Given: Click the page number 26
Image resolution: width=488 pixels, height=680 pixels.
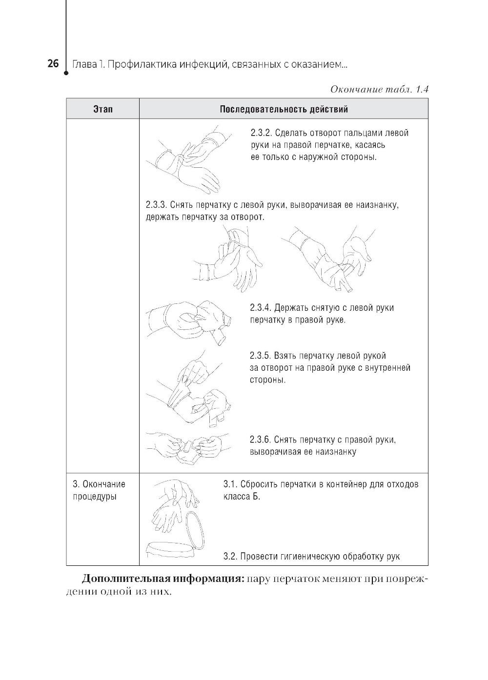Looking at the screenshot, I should [53, 64].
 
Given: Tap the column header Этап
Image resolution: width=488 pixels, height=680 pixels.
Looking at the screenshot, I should [102, 109].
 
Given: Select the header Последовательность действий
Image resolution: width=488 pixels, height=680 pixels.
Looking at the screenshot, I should [284, 109].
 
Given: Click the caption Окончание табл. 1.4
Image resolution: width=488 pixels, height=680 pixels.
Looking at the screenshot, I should [379, 90].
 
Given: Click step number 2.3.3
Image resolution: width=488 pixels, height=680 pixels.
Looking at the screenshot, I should [157, 205].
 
